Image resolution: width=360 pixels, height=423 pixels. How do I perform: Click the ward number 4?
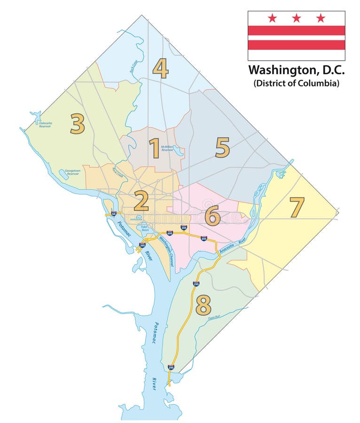pyautogui.click(x=160, y=68)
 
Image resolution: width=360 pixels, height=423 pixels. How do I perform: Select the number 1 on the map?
pyautogui.click(x=154, y=148)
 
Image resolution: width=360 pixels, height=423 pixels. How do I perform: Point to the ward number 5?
pyautogui.click(x=222, y=148)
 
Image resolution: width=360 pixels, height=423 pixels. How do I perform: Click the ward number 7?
pyautogui.click(x=297, y=207)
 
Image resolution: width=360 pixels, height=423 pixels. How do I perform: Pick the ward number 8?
pyautogui.click(x=203, y=305)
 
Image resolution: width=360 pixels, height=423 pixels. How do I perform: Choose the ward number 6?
pyautogui.click(x=212, y=217)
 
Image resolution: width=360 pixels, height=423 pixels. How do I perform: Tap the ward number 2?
pyautogui.click(x=141, y=202)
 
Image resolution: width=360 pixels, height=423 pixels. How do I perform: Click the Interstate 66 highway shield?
pyautogui.click(x=114, y=214)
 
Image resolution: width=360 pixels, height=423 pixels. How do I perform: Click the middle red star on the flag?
pyautogui.click(x=296, y=18)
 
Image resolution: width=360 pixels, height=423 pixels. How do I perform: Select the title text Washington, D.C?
pyautogui.click(x=296, y=70)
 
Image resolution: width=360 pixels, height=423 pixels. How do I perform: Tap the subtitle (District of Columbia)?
pyautogui.click(x=296, y=83)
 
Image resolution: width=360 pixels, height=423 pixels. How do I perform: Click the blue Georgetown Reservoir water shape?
pyautogui.click(x=64, y=175)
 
